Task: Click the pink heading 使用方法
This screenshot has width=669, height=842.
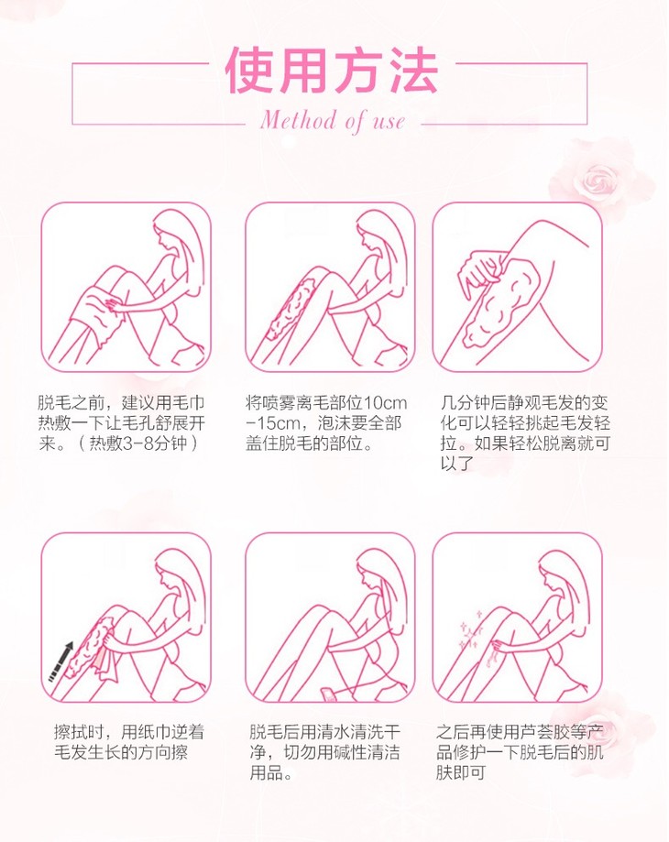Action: [331, 71]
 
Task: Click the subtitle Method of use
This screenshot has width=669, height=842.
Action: [333, 120]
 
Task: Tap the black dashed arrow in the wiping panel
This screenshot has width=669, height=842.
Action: [60, 662]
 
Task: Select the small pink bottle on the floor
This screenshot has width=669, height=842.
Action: [328, 694]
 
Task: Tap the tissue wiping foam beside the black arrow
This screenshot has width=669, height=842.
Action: [104, 660]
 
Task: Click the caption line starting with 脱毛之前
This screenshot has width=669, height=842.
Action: [121, 403]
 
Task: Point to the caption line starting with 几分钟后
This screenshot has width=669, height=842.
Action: [524, 403]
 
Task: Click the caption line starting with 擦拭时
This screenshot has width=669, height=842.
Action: [129, 732]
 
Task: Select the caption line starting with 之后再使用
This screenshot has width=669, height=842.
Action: [520, 732]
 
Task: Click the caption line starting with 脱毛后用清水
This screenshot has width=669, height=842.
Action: [324, 732]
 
